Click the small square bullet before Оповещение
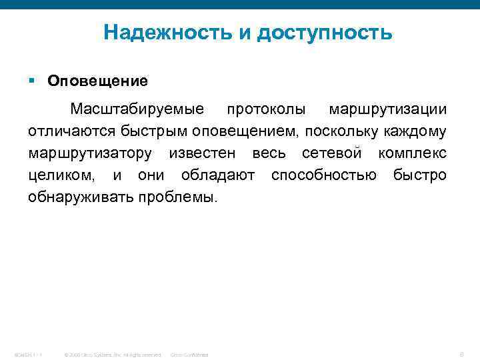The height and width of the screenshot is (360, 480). tap(32, 81)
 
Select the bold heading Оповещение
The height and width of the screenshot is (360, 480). tap(97, 81)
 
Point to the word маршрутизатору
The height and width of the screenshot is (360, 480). tap(90, 153)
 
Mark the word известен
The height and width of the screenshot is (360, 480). tap(202, 153)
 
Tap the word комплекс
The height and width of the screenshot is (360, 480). tap(412, 153)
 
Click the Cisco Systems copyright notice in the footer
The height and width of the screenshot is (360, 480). tap(112, 354)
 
